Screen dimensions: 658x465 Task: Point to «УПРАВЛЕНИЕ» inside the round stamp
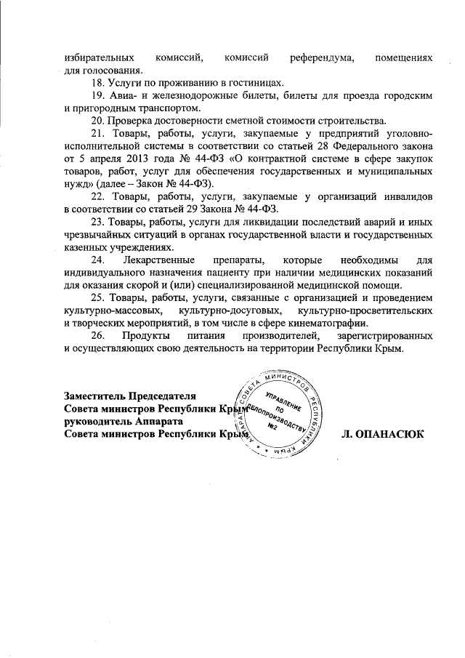click(283, 402)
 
